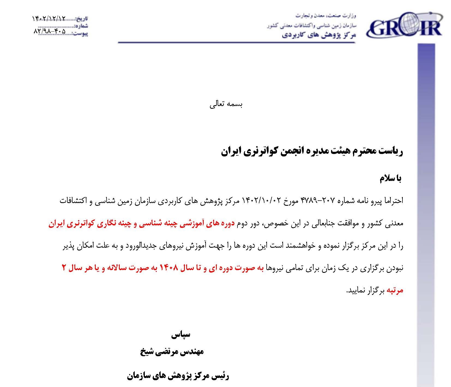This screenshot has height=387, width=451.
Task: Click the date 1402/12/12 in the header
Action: (x=49, y=19)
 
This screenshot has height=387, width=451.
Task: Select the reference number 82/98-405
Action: (x=50, y=31)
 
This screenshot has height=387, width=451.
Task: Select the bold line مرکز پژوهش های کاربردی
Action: (x=319, y=35)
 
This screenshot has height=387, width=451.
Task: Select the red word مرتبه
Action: (x=395, y=291)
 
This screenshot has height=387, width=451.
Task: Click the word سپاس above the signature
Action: (x=181, y=334)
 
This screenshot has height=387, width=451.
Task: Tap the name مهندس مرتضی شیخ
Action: (x=172, y=352)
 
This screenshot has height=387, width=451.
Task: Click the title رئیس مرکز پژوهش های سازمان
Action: (x=178, y=377)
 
